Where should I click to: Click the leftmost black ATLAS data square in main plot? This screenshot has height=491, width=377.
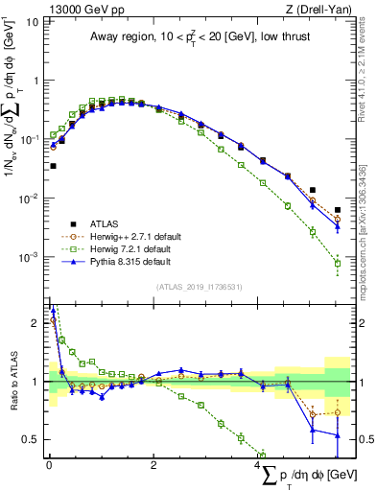(53, 166)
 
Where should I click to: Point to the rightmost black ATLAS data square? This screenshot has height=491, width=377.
(337, 209)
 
